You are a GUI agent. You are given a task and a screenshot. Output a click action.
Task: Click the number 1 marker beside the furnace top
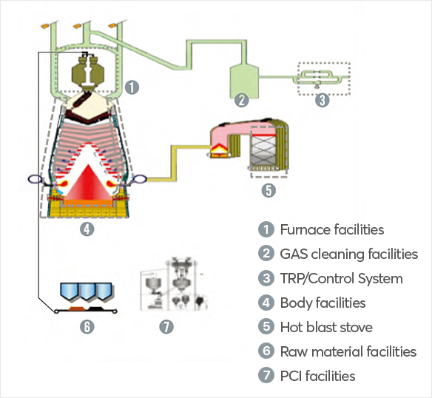(x=132, y=87)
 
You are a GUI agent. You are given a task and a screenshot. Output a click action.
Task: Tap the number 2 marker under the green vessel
(x=241, y=100)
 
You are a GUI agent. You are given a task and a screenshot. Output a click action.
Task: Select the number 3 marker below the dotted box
(x=323, y=100)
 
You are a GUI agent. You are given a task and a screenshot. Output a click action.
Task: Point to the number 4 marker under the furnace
(x=87, y=229)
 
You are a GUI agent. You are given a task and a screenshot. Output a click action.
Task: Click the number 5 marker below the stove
(x=269, y=190)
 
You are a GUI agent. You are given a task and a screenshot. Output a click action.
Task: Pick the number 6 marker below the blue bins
(x=87, y=327)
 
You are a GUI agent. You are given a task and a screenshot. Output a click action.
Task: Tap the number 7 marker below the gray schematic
(x=166, y=327)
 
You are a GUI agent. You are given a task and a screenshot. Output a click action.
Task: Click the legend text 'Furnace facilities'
(x=332, y=229)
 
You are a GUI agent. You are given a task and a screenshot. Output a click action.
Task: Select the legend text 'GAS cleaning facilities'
(x=349, y=254)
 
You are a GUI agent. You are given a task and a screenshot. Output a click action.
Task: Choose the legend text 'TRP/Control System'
(x=341, y=278)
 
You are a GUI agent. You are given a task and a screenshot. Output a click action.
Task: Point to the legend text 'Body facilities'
(x=323, y=303)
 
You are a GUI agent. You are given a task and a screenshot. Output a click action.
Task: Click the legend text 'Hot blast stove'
(x=326, y=327)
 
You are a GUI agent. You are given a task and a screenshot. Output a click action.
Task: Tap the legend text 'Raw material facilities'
(x=348, y=351)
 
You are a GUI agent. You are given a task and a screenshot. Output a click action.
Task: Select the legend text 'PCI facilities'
(x=317, y=376)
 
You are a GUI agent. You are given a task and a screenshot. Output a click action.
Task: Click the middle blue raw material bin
(x=87, y=291)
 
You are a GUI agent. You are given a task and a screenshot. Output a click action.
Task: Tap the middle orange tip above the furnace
(x=77, y=26)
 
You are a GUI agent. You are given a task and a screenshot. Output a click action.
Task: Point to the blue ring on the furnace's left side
(x=35, y=179)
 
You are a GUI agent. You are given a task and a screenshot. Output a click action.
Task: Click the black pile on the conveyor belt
(x=95, y=308)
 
